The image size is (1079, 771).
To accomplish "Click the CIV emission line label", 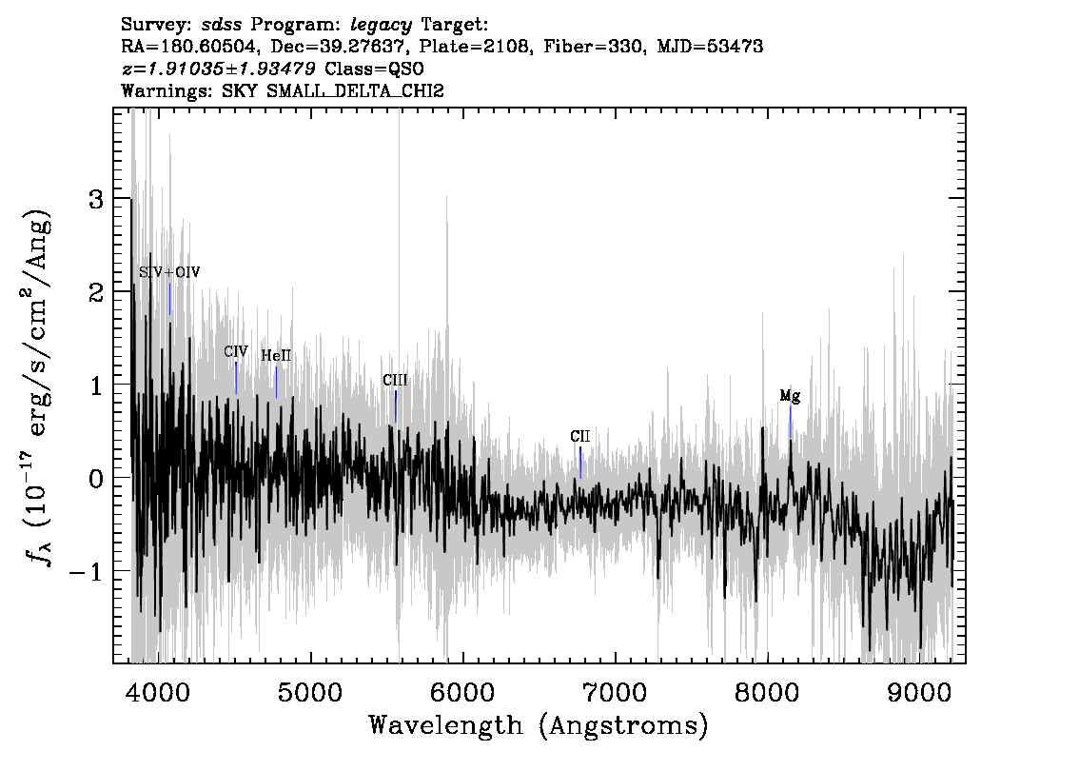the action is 235,352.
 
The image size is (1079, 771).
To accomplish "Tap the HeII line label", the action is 275,356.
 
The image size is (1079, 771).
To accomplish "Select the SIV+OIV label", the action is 169,272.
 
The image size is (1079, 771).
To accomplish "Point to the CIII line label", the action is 395,381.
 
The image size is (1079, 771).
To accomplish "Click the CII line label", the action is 580,437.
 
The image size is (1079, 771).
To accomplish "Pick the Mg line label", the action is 790,396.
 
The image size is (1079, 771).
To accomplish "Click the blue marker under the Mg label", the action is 790,422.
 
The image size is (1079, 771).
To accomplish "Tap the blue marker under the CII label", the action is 580,463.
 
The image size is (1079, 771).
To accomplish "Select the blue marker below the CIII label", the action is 396,406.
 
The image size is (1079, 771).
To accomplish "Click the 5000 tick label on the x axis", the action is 310,692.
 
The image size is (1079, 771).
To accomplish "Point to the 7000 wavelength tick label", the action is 615,692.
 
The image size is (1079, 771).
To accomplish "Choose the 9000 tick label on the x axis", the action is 918,692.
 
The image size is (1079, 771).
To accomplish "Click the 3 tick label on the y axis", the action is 95,200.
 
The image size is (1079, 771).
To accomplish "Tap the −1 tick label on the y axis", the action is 86,572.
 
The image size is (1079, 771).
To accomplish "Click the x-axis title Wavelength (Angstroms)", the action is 539,725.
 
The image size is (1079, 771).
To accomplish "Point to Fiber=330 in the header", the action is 594,47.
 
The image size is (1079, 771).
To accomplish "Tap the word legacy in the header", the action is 382,26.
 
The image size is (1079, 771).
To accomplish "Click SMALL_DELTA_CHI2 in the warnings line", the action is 355,90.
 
